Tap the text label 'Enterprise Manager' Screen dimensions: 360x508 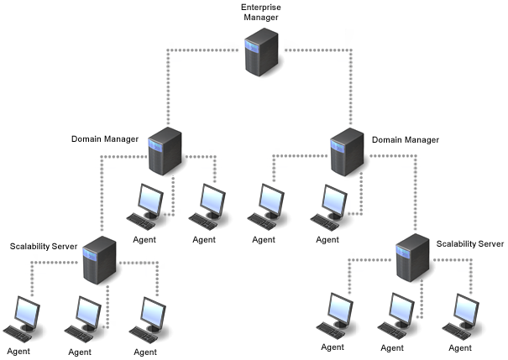click(261, 13)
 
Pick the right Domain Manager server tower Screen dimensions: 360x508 click(345, 151)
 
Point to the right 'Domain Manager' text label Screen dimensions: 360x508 click(405, 138)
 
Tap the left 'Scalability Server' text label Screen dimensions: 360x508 click(44, 246)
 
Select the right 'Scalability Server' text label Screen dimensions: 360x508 click(470, 243)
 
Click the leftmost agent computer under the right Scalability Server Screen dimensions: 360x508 click(334, 313)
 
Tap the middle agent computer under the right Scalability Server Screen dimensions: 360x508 click(395, 313)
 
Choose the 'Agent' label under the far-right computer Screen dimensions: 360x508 click(460, 347)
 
